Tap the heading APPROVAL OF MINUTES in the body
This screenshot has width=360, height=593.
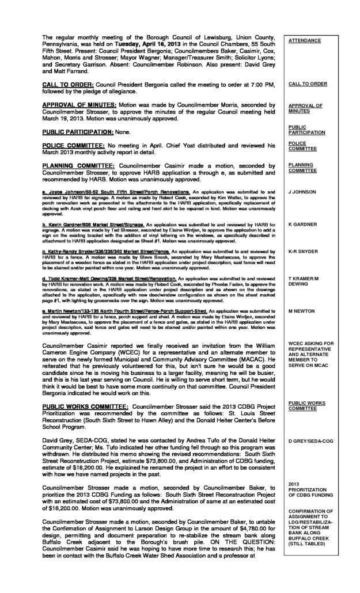click(x=81, y=105)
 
